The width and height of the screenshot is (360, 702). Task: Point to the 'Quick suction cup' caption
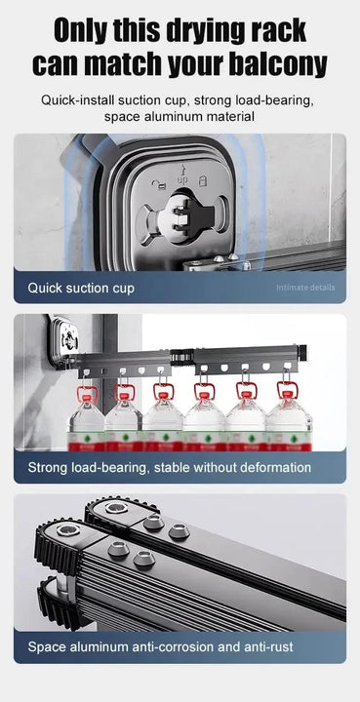point(81,288)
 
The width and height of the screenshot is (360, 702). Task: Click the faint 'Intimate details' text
point(305,288)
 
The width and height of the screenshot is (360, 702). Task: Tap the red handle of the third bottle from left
point(163,393)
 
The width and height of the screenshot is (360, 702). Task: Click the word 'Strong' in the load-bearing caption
point(50,468)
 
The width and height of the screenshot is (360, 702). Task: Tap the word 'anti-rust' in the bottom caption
point(262,647)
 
